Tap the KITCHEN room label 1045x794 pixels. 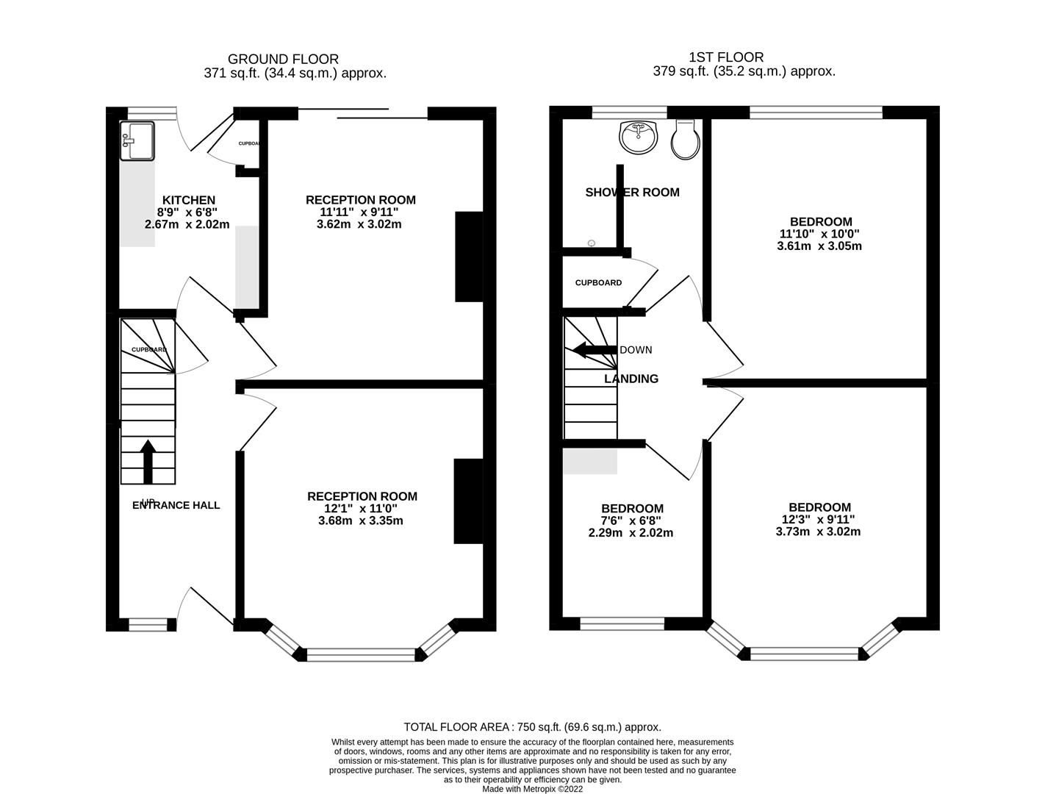point(189,200)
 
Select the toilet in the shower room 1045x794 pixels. point(685,140)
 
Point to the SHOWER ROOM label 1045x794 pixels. point(632,193)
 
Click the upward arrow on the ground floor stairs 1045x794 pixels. point(148,461)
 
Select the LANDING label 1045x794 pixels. point(631,379)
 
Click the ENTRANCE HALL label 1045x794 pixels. point(176,505)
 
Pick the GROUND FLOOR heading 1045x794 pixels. point(283,59)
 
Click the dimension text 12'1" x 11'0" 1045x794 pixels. point(362,509)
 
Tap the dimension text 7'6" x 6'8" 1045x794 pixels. point(631,521)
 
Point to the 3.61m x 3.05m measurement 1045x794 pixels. point(819,246)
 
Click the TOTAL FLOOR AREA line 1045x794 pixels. point(532,726)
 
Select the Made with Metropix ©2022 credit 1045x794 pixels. point(532,788)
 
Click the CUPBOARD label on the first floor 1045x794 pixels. point(598,283)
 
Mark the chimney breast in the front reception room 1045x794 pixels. point(467,501)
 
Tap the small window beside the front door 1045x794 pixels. point(148,625)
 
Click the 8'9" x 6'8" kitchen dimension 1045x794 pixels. point(187,212)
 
